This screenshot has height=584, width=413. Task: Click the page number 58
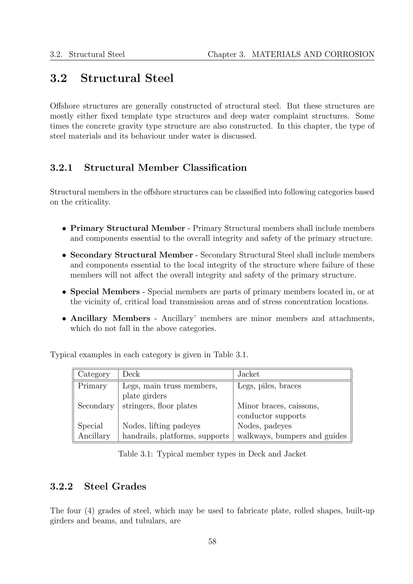coord(212,541)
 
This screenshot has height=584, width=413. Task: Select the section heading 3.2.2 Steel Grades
coord(98,486)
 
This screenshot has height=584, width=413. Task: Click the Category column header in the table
coord(94,374)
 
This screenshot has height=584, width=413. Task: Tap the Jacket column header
coord(248,374)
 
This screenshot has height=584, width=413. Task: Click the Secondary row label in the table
coord(96,406)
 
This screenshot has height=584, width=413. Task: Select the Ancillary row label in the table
coord(94,436)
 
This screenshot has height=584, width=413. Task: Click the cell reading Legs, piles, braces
coord(269,386)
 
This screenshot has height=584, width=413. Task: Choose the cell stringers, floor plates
coord(160,406)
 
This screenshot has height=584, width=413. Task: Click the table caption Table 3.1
coord(212,454)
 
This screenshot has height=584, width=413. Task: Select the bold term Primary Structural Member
coord(127,228)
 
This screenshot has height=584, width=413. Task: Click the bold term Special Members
coord(105,292)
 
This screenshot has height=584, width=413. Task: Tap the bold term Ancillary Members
coord(110,318)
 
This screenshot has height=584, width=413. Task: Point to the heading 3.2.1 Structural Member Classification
coord(148,168)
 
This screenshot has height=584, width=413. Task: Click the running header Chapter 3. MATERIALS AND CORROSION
coord(291,54)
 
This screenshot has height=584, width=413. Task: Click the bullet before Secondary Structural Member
coord(65,255)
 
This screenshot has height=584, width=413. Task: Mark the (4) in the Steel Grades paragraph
coord(89,511)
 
